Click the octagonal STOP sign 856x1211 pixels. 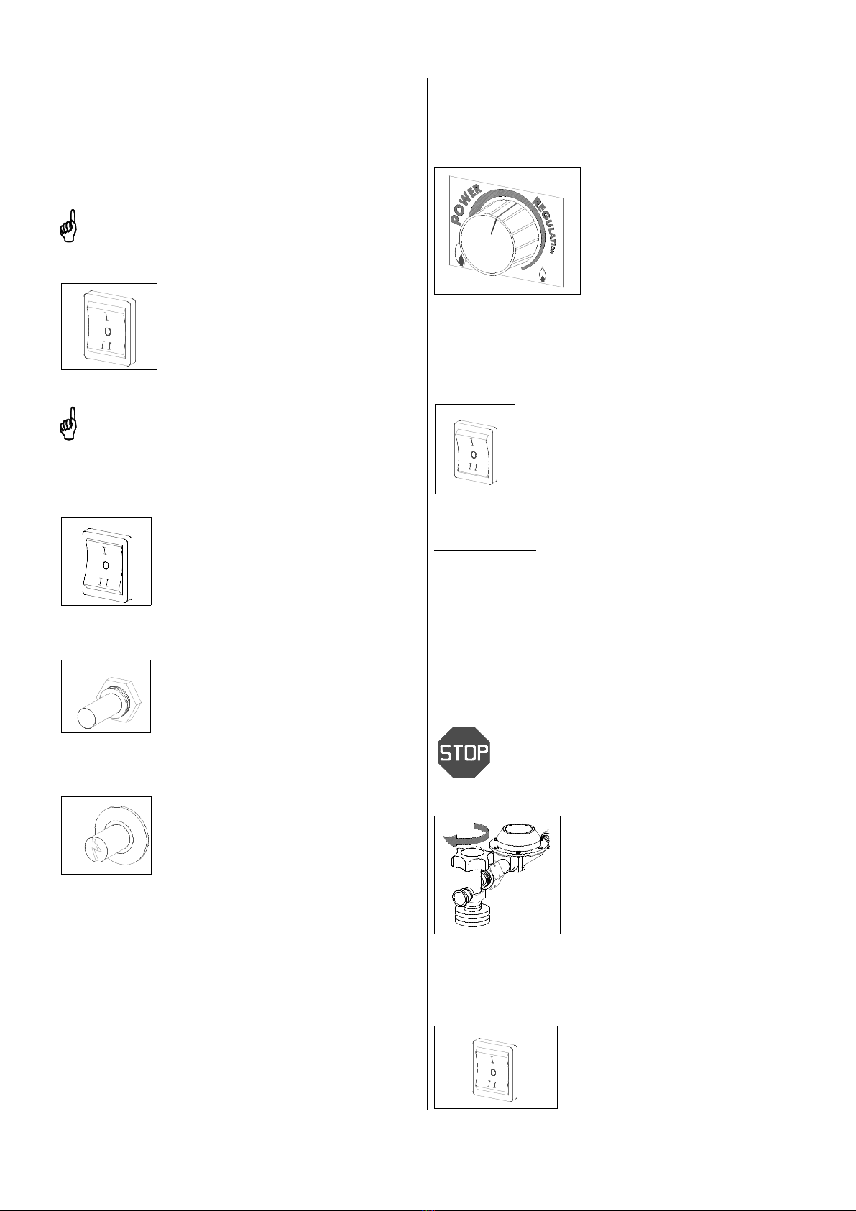coord(464,752)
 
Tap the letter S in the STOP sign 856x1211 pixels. coord(446,752)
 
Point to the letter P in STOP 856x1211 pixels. coord(483,752)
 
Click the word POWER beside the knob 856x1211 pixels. coord(466,204)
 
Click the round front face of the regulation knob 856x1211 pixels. coord(486,244)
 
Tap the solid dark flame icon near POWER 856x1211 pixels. coord(461,261)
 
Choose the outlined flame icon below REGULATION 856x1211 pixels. coord(542,277)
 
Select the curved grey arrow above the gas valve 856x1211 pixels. coord(464,835)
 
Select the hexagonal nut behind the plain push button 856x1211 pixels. coord(120,698)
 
